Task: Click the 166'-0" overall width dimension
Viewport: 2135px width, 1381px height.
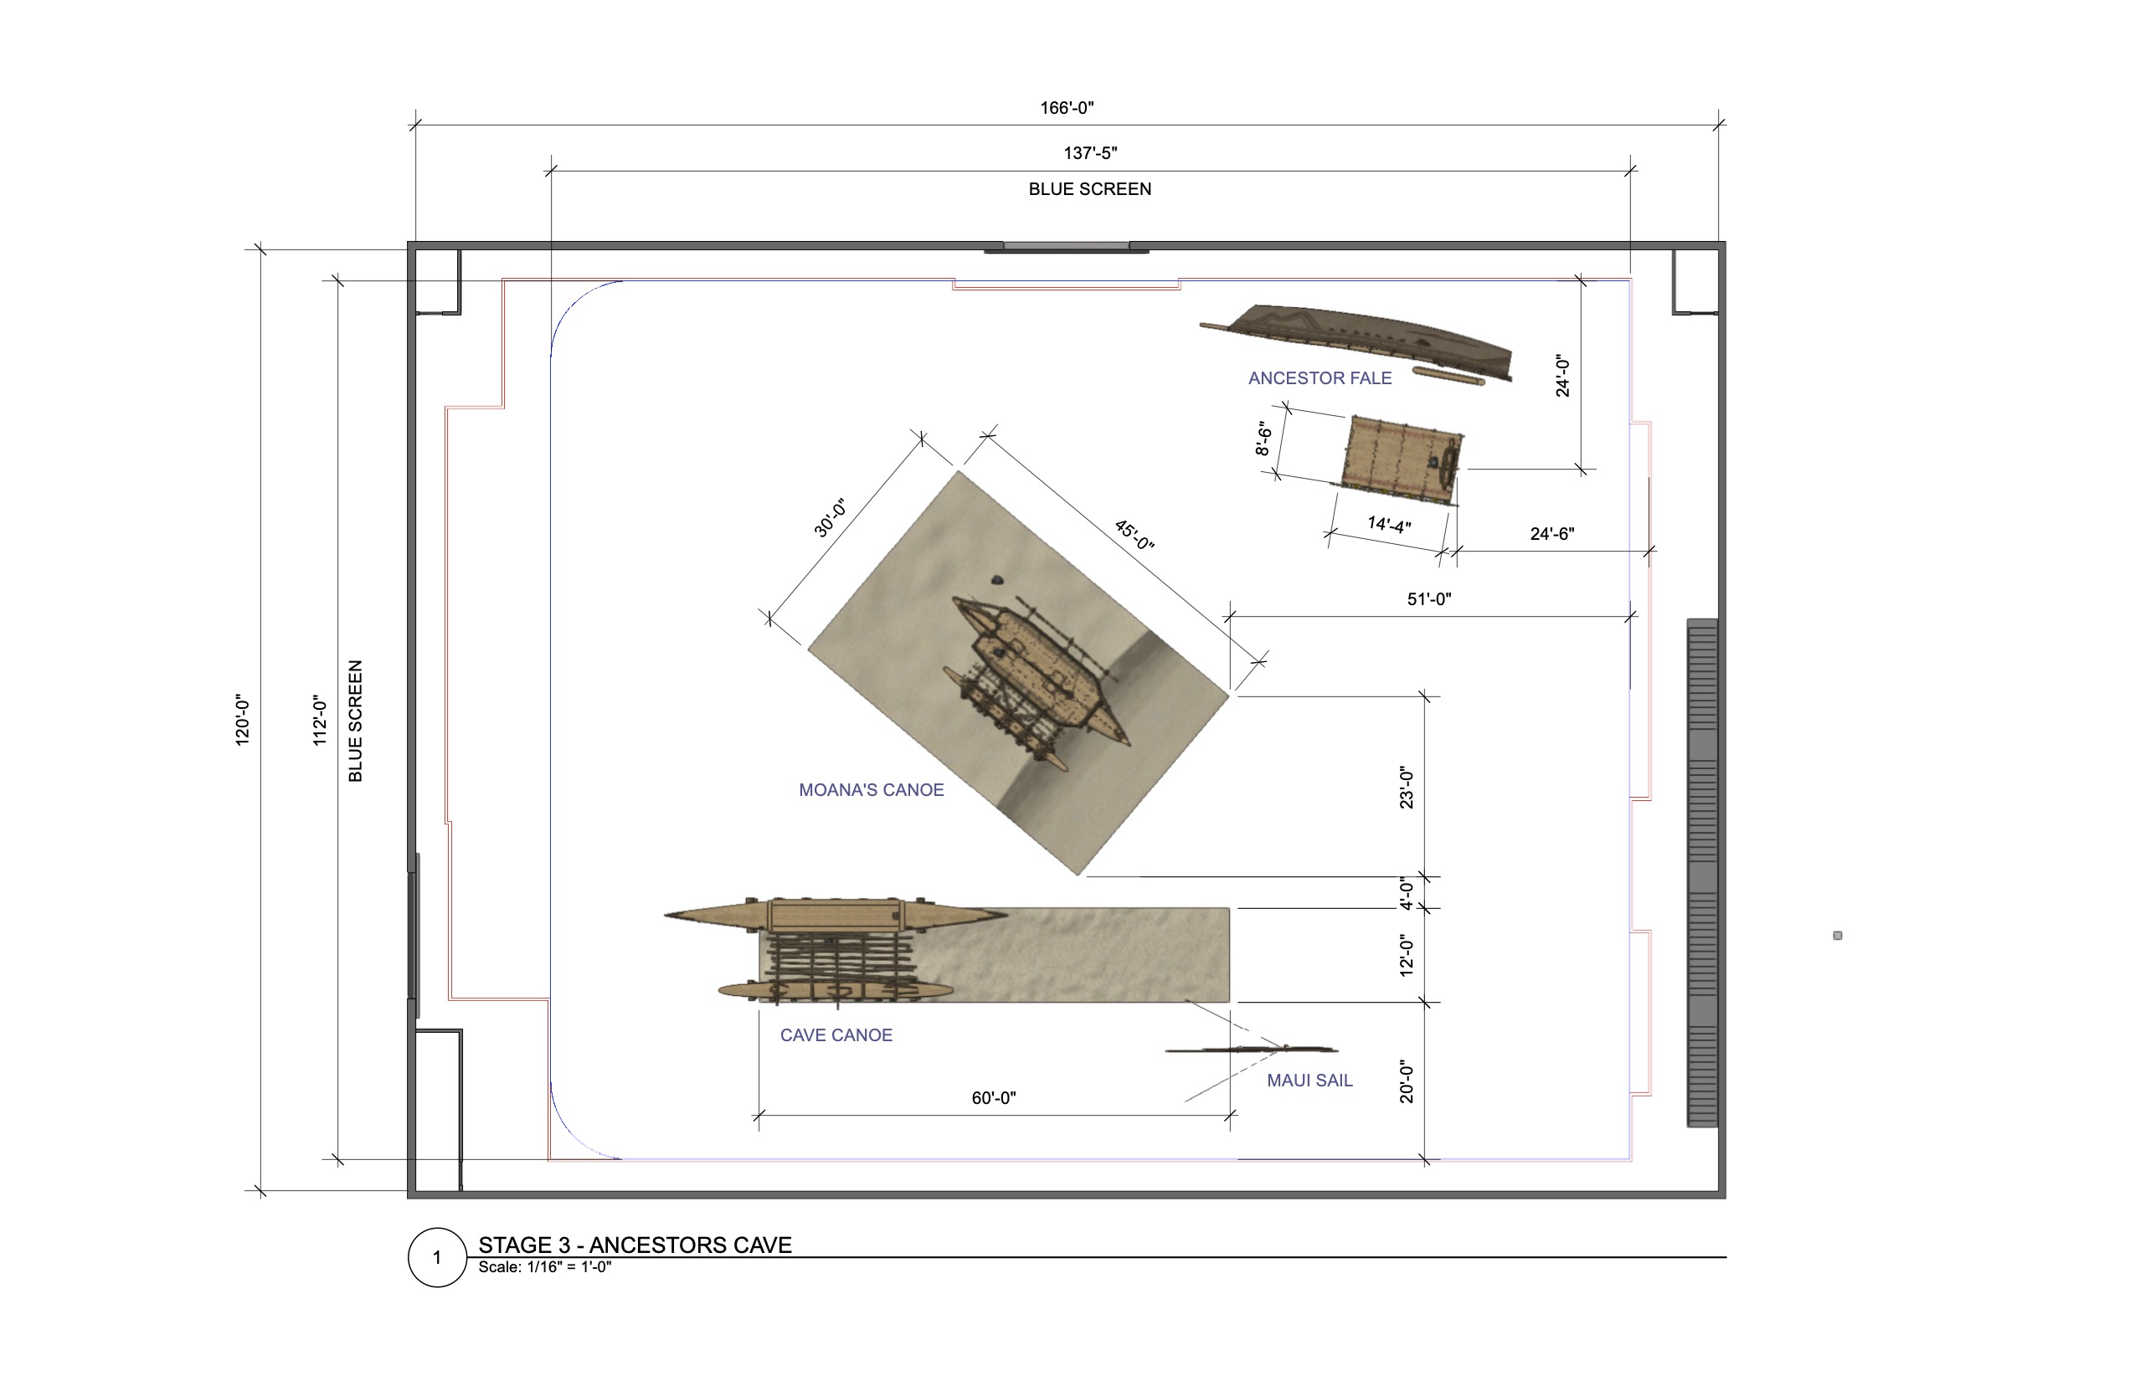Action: tap(1067, 109)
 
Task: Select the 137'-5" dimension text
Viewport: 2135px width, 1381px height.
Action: tap(1090, 153)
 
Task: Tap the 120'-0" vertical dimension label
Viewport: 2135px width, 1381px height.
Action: tap(242, 720)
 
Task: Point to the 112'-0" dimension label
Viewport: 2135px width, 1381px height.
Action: tap(319, 720)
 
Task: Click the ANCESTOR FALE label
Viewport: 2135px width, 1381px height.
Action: tap(1320, 378)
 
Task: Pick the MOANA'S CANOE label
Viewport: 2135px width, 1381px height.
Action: tap(871, 790)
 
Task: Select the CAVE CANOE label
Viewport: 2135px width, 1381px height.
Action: tap(836, 1034)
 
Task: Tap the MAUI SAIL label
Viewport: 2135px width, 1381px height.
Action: tap(1309, 1081)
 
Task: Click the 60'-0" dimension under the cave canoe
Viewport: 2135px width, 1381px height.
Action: tap(993, 1097)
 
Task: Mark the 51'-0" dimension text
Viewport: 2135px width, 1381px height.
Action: tap(1428, 599)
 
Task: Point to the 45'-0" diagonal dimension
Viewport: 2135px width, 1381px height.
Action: tap(1134, 535)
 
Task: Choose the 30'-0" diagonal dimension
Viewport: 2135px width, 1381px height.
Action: tap(830, 518)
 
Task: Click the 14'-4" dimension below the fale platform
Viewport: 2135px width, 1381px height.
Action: tap(1389, 525)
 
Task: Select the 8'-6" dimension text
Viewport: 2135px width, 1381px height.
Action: tap(1264, 439)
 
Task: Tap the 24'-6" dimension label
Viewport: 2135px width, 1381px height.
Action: tap(1552, 534)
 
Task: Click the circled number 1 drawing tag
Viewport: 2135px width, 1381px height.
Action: tap(437, 1257)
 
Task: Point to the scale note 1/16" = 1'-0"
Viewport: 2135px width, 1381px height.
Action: tap(544, 1267)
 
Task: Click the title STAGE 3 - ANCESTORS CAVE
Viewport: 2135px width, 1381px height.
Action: tap(635, 1245)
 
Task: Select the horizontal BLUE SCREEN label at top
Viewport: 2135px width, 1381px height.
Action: tap(1089, 189)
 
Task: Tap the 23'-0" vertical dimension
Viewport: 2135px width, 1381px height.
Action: tap(1407, 788)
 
